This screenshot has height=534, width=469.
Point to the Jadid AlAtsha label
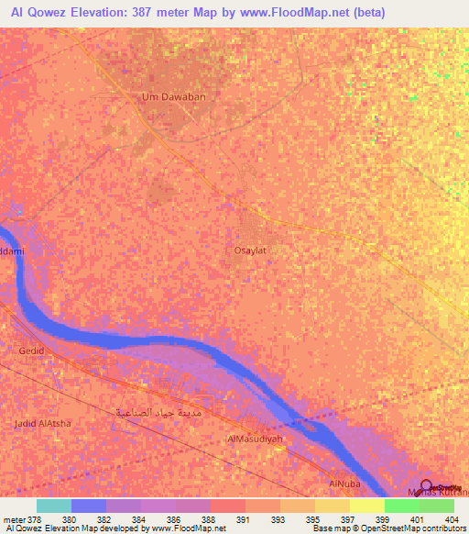pos(42,423)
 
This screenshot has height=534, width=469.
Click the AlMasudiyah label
pos(253,439)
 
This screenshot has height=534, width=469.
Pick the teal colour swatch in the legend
pos(53,506)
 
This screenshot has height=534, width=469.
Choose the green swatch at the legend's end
pos(436,506)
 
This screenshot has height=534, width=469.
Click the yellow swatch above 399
pos(366,506)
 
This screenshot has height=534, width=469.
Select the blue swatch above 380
pos(88,506)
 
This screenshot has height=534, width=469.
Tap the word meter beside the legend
pos(15,519)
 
